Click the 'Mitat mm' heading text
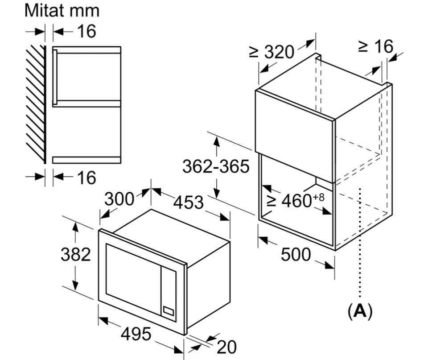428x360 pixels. [x=62, y=11]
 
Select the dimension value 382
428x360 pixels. [x=76, y=255]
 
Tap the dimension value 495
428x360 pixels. [x=136, y=334]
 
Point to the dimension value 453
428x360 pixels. [x=189, y=203]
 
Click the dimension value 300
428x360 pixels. [x=119, y=199]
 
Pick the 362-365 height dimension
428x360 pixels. [x=216, y=166]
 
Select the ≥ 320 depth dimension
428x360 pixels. [x=272, y=52]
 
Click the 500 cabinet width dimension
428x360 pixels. [x=296, y=254]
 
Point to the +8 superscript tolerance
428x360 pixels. [x=318, y=197]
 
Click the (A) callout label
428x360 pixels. [x=360, y=311]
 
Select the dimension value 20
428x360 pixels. [x=226, y=347]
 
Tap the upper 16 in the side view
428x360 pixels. [x=86, y=31]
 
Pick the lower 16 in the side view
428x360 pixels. [x=86, y=178]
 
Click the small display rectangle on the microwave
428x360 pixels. [x=168, y=310]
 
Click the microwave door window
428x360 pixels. [x=133, y=279]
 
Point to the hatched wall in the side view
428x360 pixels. [x=36, y=104]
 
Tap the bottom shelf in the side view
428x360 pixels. [x=86, y=160]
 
